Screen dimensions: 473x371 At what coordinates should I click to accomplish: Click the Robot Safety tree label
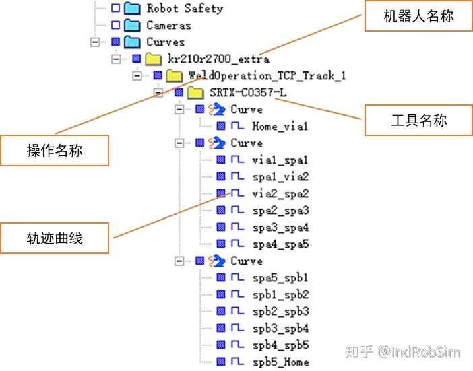pyautogui.click(x=184, y=9)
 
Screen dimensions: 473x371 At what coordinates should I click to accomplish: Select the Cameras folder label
pyautogui.click(x=168, y=26)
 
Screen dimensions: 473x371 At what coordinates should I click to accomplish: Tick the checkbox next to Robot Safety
pyautogui.click(x=115, y=9)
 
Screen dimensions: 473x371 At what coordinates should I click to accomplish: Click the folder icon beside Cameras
pyautogui.click(x=133, y=26)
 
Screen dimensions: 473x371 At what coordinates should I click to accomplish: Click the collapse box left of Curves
pyautogui.click(x=96, y=42)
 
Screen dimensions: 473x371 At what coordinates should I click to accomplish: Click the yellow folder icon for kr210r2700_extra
pyautogui.click(x=154, y=59)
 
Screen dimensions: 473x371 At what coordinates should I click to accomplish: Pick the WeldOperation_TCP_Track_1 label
pyautogui.click(x=267, y=75)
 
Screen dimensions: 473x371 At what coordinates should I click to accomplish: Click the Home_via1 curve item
pyautogui.click(x=280, y=126)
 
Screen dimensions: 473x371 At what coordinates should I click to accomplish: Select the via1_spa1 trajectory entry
pyautogui.click(x=280, y=160)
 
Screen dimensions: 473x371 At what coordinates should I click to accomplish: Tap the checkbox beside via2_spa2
pyautogui.click(x=221, y=193)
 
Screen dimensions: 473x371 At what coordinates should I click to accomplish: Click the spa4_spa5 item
pyautogui.click(x=280, y=244)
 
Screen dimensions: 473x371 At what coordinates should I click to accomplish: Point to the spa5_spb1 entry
pyautogui.click(x=280, y=277)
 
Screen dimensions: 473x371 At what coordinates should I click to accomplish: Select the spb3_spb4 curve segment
pyautogui.click(x=280, y=328)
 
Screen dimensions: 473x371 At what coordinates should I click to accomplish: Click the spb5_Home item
pyautogui.click(x=280, y=362)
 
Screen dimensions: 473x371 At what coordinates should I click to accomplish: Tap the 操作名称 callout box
pyautogui.click(x=55, y=150)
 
